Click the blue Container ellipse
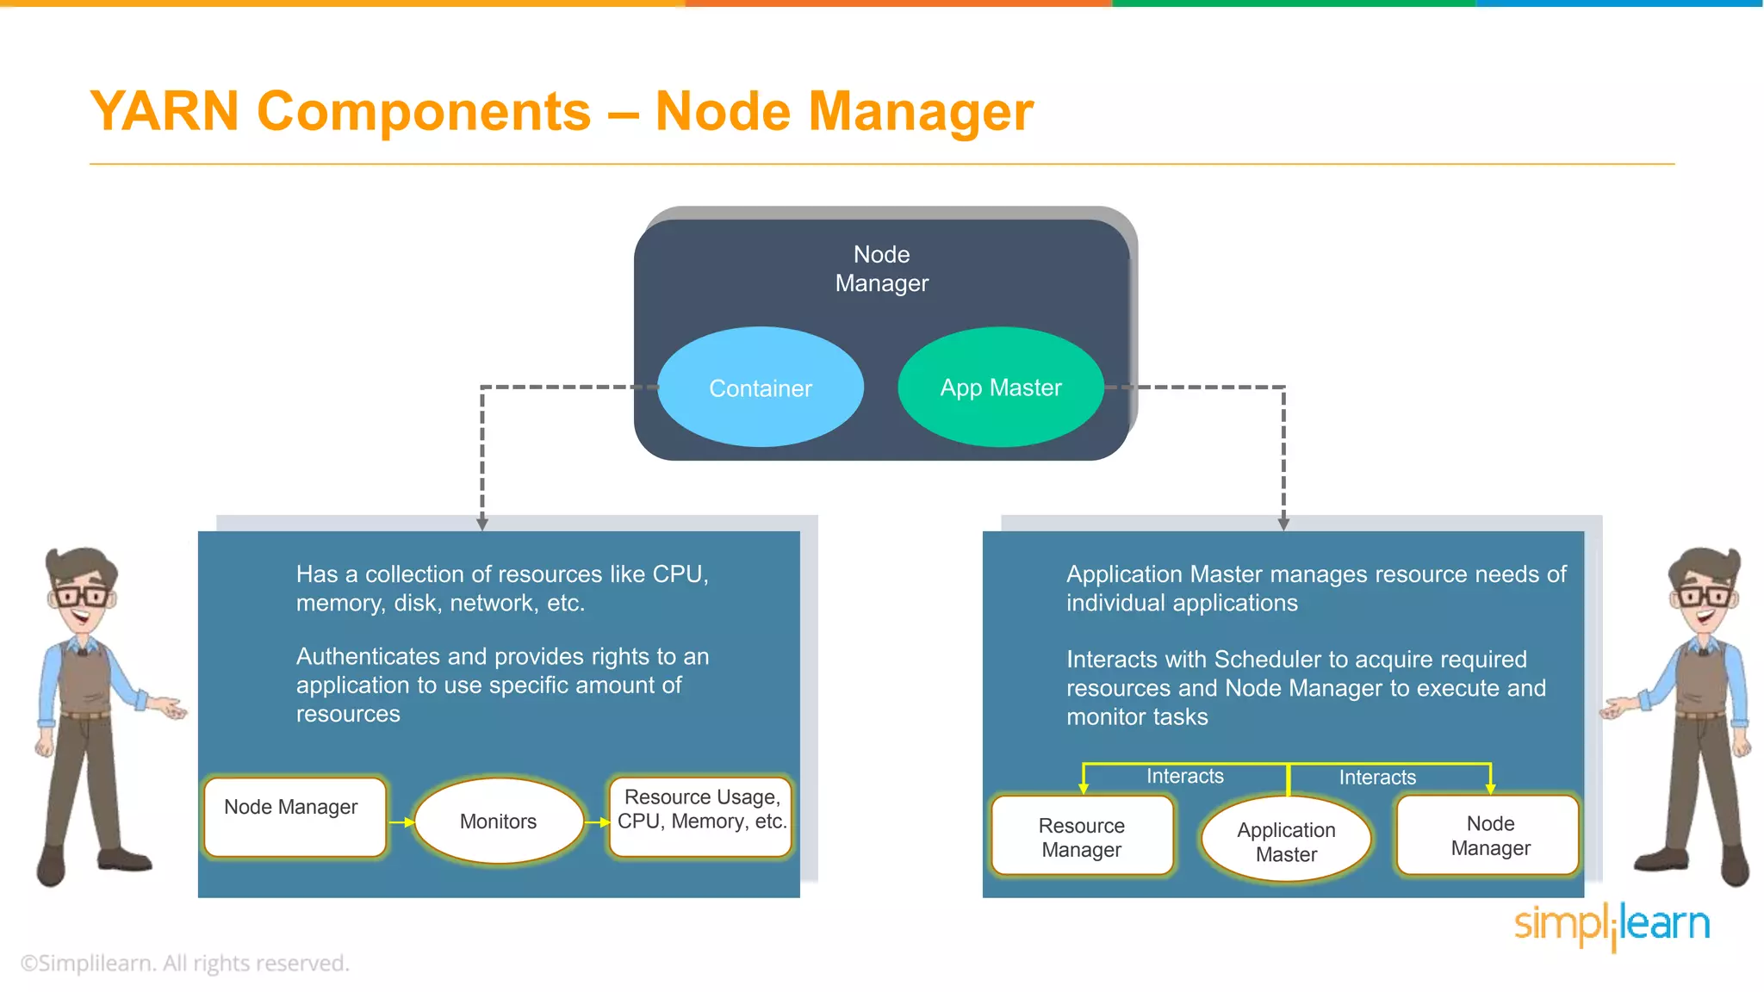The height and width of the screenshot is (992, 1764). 760,387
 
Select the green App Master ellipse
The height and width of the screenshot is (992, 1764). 1000,387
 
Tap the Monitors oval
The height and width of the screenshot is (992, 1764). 498,821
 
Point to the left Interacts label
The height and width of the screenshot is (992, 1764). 1184,776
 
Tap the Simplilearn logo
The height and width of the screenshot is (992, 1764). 1612,925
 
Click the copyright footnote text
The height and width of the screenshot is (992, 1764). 184,963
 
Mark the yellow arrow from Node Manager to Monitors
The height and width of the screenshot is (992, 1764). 401,822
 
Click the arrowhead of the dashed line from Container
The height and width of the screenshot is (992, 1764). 482,524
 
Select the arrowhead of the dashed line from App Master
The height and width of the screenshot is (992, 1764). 1283,524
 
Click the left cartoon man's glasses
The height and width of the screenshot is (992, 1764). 82,595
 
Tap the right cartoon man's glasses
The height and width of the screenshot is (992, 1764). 1702,595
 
